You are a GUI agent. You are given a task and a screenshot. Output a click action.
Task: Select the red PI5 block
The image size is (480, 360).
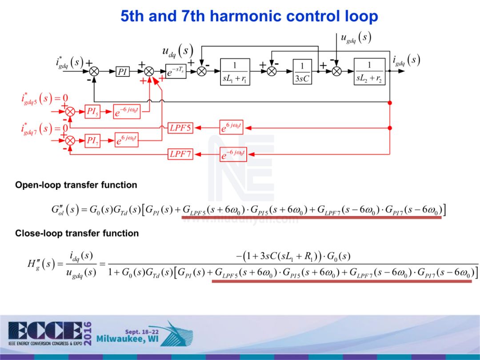pyautogui.click(x=92, y=112)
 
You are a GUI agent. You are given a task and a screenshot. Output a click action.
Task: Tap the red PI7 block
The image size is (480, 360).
pyautogui.click(x=92, y=141)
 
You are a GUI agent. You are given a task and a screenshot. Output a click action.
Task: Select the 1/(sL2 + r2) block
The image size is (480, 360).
pyautogui.click(x=370, y=72)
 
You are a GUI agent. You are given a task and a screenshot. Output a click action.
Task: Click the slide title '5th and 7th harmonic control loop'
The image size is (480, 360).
pyautogui.click(x=249, y=16)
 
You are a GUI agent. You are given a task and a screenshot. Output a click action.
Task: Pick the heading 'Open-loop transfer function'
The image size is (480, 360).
pyautogui.click(x=76, y=185)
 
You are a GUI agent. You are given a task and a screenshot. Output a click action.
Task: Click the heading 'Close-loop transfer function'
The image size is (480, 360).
pyautogui.click(x=77, y=233)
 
